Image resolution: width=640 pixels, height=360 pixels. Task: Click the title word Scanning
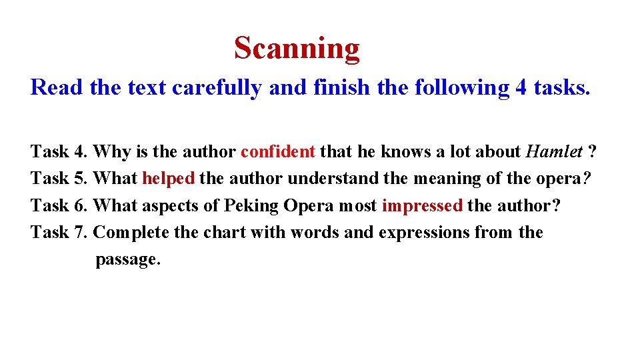297,49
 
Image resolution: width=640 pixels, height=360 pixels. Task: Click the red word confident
277,152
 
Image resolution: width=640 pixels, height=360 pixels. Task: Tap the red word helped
168,179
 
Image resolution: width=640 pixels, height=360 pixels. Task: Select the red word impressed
422,205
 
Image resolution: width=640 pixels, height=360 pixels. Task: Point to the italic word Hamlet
554,152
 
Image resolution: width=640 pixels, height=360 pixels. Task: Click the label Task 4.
59,152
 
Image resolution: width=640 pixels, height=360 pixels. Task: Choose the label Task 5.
59,179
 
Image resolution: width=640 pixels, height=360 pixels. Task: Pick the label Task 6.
59,205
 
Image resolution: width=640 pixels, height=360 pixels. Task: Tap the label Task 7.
59,233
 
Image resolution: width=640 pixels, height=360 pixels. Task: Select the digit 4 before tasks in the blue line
521,87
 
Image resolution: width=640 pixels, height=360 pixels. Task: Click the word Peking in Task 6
251,206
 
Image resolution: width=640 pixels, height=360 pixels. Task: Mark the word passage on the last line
128,259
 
